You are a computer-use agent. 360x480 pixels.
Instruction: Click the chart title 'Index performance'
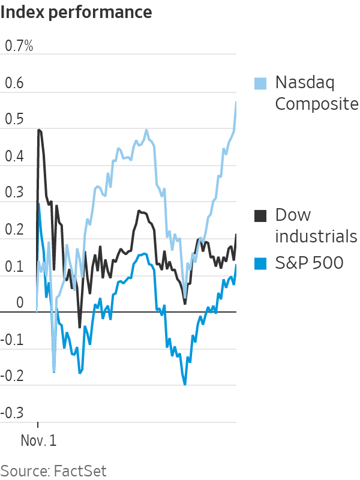[76, 11]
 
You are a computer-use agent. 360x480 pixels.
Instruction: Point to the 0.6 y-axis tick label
[14, 83]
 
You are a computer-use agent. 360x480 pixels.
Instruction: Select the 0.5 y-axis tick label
[14, 119]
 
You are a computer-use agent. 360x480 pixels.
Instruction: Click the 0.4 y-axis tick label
[14, 157]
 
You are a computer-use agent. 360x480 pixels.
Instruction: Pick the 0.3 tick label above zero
[14, 193]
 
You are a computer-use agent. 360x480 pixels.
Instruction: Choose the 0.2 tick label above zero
[14, 230]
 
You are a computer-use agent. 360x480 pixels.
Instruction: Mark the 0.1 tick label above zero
[14, 266]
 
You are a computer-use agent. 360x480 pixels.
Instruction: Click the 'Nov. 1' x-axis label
[38, 440]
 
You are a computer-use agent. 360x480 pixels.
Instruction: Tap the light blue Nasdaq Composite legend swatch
[260, 83]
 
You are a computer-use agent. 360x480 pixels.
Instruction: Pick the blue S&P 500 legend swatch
[260, 263]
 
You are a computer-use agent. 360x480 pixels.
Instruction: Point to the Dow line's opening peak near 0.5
[39, 130]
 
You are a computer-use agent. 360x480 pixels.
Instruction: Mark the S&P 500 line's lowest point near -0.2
[185, 384]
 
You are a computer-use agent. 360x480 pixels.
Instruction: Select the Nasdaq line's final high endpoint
[236, 102]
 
